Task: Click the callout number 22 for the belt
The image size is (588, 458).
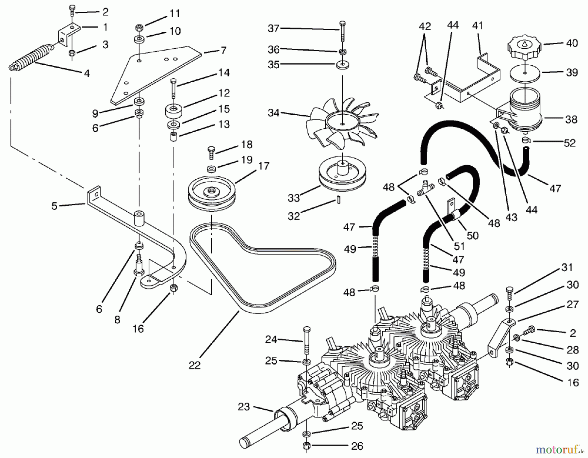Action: tap(195, 365)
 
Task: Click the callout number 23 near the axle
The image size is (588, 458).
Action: tap(244, 407)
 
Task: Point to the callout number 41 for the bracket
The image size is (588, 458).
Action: tap(478, 25)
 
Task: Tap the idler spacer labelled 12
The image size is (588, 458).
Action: tap(173, 110)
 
